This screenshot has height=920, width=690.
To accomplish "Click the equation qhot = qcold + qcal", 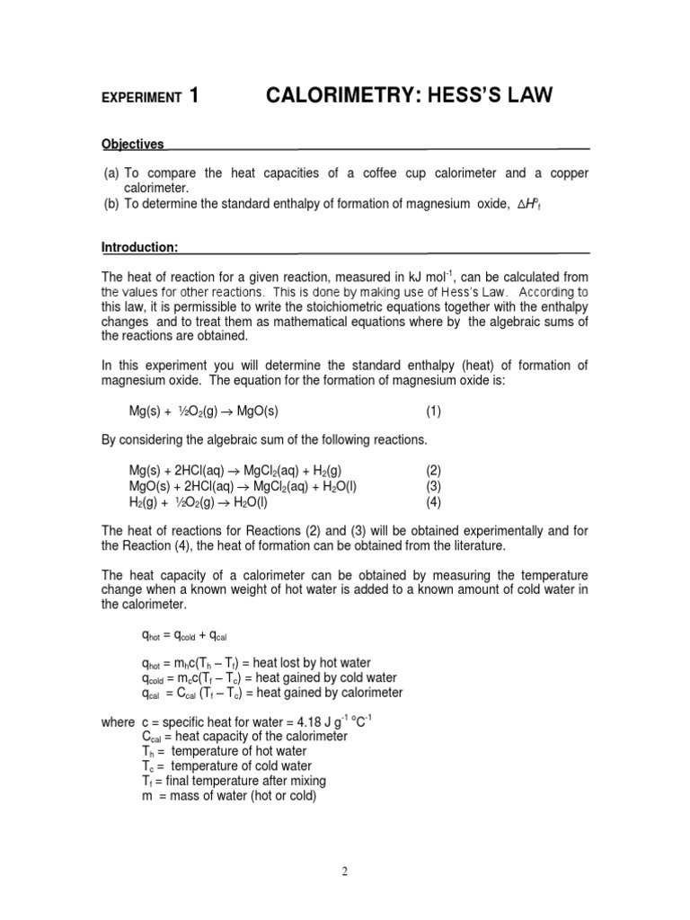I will [x=183, y=635].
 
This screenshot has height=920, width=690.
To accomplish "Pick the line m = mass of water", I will [x=223, y=796].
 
